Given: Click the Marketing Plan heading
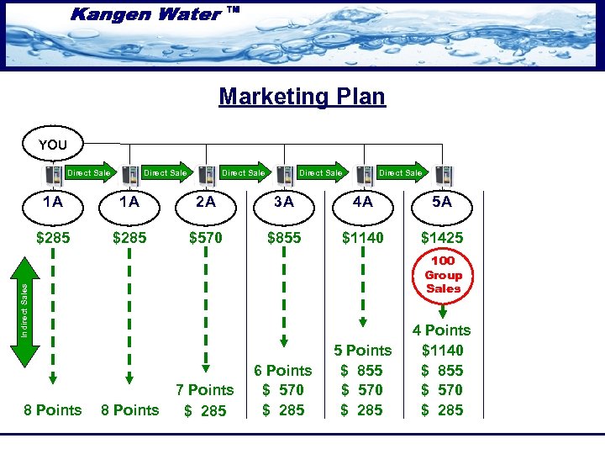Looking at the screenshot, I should point(302,96).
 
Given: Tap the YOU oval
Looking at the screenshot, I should point(52,145).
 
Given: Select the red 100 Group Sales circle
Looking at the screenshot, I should point(444,275).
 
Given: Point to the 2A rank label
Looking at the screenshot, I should point(205,202).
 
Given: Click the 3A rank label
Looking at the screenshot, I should point(284,202).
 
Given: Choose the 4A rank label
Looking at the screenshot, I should point(362,202).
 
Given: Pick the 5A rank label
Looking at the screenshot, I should point(442,202).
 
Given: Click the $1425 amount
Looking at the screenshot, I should point(442,238).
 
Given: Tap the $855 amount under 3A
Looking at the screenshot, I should point(284,238).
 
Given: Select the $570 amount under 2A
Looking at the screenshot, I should point(205,238).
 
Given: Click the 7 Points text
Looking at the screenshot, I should point(205,390).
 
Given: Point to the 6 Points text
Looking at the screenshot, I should point(284,370).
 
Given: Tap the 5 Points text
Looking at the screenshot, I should point(362,350).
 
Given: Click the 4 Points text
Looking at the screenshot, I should point(442,330).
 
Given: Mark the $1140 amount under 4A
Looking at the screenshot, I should point(362,238).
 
